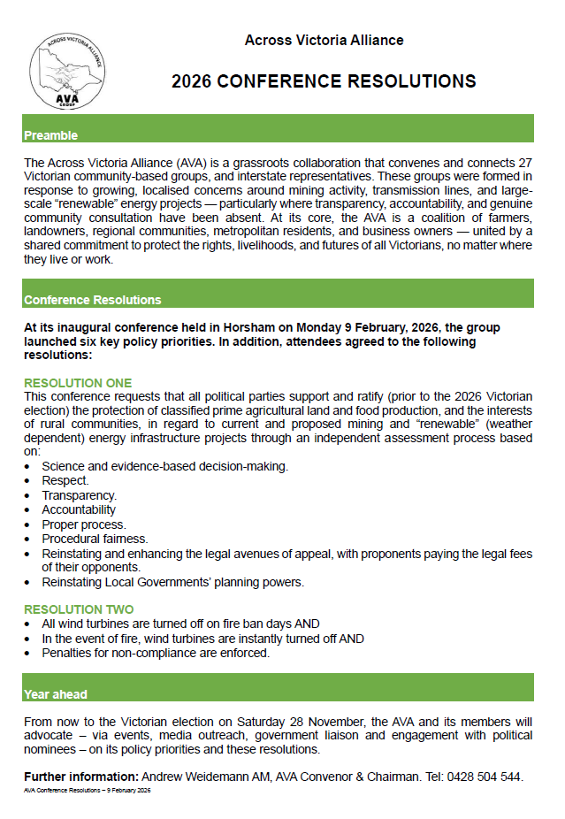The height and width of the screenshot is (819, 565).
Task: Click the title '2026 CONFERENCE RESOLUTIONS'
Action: (324, 81)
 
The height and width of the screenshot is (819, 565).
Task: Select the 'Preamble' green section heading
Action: (51, 135)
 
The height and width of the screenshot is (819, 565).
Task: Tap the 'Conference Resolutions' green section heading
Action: (93, 300)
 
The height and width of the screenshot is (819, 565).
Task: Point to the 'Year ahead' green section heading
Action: (56, 694)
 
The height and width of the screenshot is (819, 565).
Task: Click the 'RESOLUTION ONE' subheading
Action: (78, 383)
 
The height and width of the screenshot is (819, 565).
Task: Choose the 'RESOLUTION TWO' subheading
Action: (79, 609)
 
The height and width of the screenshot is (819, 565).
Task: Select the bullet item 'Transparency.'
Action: (80, 495)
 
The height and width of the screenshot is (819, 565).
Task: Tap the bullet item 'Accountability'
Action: (79, 509)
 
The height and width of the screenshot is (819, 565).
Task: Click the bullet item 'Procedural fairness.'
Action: (95, 538)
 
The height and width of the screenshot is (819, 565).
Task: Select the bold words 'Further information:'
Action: (81, 777)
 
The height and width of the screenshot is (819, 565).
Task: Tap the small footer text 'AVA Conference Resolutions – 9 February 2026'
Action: (88, 790)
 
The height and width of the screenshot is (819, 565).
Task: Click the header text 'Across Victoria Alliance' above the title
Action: (324, 41)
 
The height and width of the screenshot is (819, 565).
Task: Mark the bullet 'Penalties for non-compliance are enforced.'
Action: (156, 653)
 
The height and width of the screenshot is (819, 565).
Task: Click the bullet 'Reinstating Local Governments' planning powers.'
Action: (172, 582)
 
